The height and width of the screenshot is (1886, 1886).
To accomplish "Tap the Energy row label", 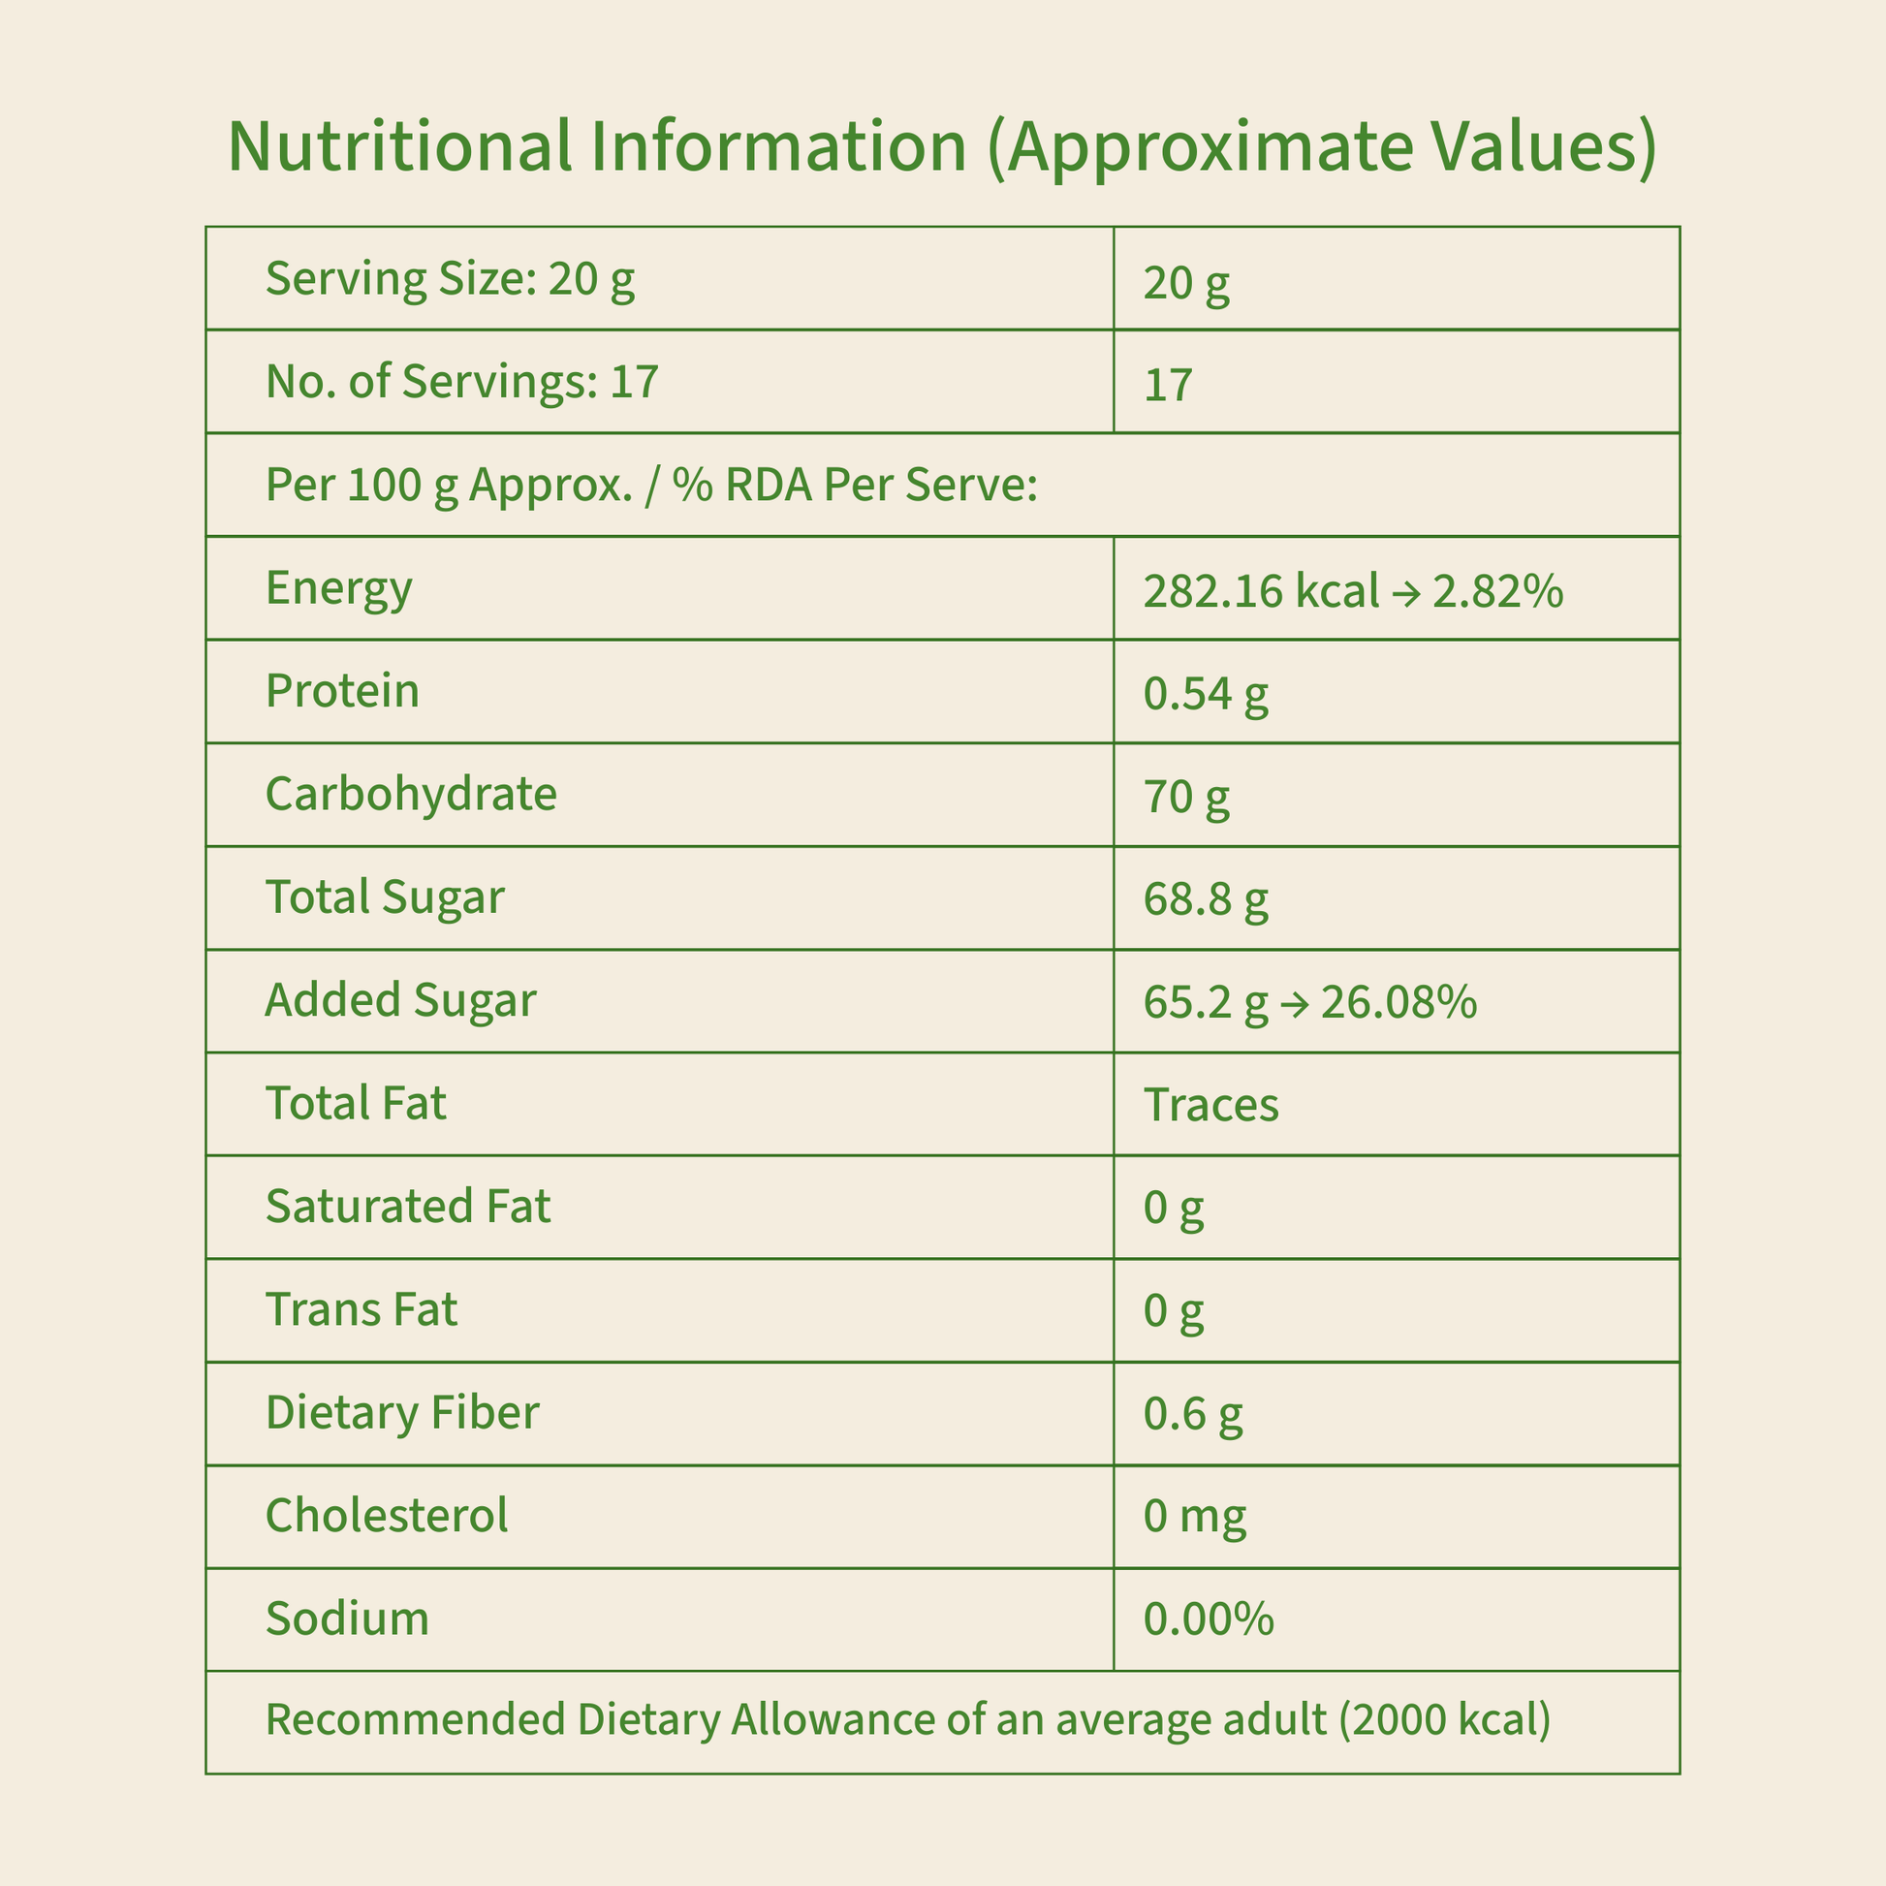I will pyautogui.click(x=339, y=587).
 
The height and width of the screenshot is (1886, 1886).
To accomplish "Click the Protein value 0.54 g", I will pyautogui.click(x=1206, y=694).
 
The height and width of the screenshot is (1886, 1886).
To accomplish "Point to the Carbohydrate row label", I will pyautogui.click(x=411, y=794).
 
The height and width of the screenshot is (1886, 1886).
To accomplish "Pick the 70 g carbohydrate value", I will pyautogui.click(x=1186, y=798).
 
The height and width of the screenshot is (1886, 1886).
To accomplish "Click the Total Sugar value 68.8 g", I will pyautogui.click(x=1206, y=900).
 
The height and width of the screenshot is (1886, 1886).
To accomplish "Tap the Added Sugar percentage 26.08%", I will pyautogui.click(x=1398, y=1002).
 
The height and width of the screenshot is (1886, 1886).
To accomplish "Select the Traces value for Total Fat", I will pyautogui.click(x=1210, y=1105).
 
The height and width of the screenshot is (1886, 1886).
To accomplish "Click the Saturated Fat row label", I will pyautogui.click(x=408, y=1206).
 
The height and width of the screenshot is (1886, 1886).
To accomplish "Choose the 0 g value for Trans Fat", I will pyautogui.click(x=1174, y=1310).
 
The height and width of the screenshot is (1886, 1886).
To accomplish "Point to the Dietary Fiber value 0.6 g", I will pyautogui.click(x=1193, y=1413).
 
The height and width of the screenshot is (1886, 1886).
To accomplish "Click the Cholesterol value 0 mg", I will pyautogui.click(x=1195, y=1516).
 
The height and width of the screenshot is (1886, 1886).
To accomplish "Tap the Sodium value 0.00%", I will pyautogui.click(x=1209, y=1619).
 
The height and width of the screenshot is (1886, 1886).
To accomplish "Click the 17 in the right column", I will pyautogui.click(x=1168, y=386).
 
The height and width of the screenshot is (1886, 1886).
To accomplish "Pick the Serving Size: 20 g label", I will pyautogui.click(x=450, y=279).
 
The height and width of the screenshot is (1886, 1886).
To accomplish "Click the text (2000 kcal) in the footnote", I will pyautogui.click(x=1445, y=1719).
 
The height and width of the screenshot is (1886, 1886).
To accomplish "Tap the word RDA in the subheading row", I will pyautogui.click(x=769, y=485).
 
